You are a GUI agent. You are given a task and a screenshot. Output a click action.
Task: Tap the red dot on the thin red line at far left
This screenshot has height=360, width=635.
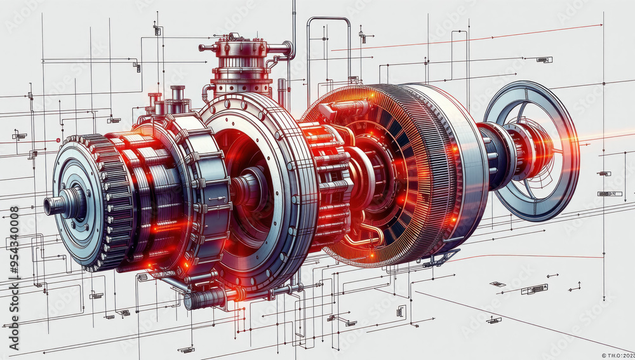[x=58, y=140]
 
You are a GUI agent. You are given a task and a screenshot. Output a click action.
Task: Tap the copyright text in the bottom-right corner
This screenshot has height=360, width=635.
[x=617, y=355]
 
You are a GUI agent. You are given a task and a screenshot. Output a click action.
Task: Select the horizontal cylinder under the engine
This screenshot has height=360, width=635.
[x=206, y=297]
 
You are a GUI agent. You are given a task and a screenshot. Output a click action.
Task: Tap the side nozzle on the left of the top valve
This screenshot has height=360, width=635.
[x=206, y=48]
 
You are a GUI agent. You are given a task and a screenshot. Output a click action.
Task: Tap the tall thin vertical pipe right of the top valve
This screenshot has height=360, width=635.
[x=293, y=25]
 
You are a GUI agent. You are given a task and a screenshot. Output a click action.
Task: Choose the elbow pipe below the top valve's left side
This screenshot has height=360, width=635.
[x=207, y=92]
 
